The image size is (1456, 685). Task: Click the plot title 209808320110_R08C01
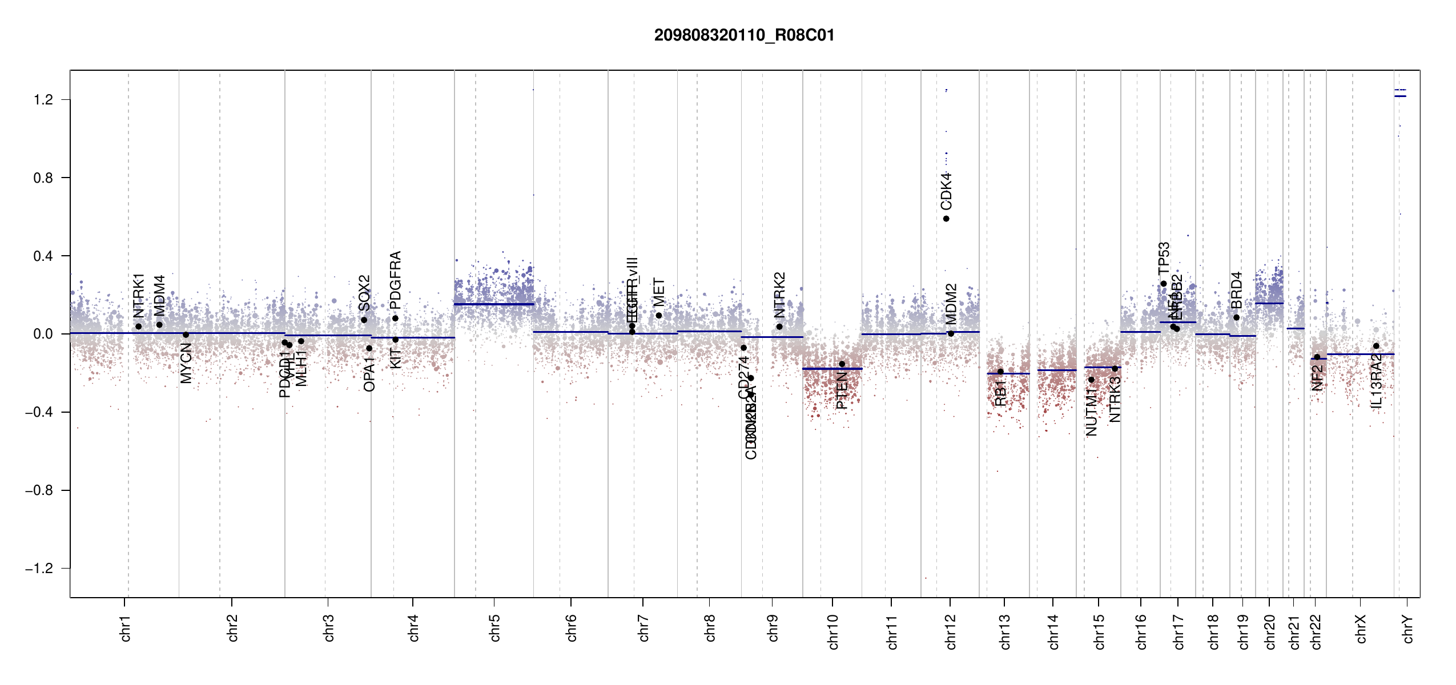(744, 35)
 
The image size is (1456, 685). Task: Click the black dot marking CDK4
(946, 219)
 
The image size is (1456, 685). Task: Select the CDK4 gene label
(946, 191)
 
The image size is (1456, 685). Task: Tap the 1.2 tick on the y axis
(43, 100)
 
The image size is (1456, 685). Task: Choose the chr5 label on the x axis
(494, 628)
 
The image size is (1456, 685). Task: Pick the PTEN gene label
(842, 390)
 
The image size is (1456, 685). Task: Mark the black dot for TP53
(1164, 284)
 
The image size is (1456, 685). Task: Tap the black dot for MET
(659, 316)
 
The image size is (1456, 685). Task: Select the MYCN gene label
(186, 364)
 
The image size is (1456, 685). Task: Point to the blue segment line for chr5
(494, 304)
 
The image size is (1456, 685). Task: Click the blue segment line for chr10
(832, 369)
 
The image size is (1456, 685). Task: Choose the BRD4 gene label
(1236, 290)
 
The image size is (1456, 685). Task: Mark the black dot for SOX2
(364, 320)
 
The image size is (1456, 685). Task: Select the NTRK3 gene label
(1115, 400)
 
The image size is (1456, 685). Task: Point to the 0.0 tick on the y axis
(43, 334)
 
